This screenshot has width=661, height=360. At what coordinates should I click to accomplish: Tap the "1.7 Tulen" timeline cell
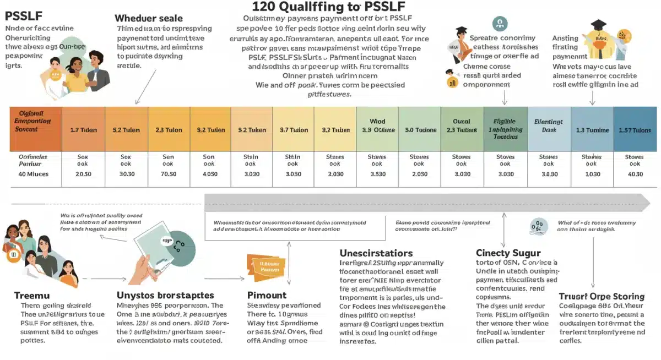(83, 130)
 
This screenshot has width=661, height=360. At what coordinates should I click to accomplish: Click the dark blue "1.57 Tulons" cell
(635, 130)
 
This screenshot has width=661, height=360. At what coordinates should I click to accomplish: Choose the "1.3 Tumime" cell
(592, 130)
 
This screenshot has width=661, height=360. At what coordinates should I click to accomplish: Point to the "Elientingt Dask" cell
(549, 126)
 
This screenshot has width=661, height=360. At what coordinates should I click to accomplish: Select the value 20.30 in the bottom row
(83, 174)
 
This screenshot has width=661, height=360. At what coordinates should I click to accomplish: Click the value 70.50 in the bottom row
(169, 174)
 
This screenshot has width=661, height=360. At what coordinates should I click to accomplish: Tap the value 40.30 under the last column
(635, 174)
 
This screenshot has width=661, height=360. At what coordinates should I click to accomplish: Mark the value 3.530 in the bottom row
(377, 174)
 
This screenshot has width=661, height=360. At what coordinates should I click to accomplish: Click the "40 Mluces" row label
(34, 174)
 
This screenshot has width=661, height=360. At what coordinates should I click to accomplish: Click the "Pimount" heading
(267, 295)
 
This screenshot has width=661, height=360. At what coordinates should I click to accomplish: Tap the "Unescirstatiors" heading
(376, 253)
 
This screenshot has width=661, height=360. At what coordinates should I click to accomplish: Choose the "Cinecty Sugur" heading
(508, 253)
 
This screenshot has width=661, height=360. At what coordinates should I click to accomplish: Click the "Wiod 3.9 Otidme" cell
(377, 126)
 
